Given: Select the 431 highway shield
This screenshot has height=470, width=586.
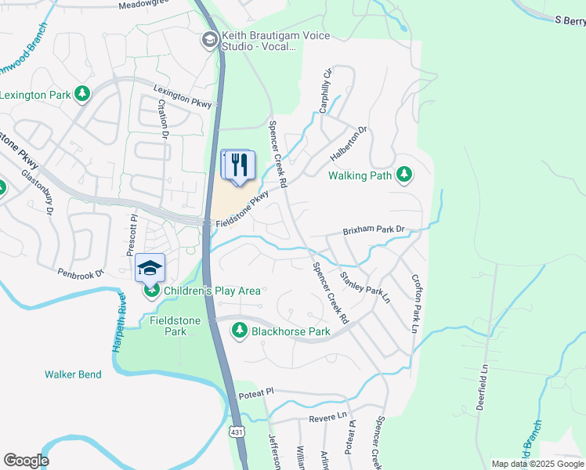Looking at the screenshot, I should (236, 432).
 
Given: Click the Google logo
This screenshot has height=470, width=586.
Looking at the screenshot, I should (26, 461).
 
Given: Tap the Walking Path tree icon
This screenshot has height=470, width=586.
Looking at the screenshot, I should (404, 175).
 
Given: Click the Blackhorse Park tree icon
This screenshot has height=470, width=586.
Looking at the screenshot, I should (240, 331).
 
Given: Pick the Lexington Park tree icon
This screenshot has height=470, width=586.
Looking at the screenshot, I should (82, 95).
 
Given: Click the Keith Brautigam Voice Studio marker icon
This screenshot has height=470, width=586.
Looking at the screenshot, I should (209, 40).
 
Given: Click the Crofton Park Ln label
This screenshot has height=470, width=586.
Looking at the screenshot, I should (415, 303).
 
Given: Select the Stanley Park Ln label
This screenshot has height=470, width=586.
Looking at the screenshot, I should (364, 287).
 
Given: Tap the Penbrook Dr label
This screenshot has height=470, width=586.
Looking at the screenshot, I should (81, 273).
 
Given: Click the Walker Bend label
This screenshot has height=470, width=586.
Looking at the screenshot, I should (73, 374).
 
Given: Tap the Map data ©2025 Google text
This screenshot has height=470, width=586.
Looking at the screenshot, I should (536, 464).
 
